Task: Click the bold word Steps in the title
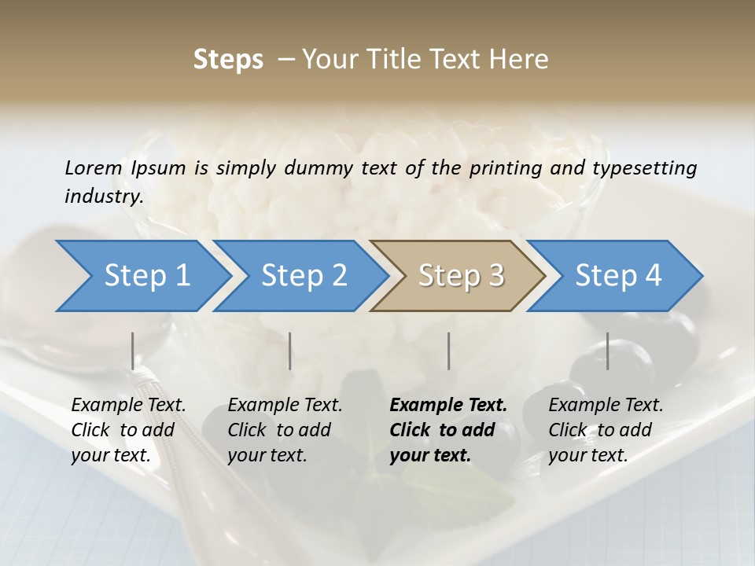click(x=228, y=59)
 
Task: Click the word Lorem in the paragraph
click(x=94, y=167)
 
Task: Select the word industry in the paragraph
click(x=103, y=196)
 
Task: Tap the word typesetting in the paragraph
click(x=644, y=167)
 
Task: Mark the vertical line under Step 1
click(x=133, y=351)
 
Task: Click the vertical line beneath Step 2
click(x=290, y=351)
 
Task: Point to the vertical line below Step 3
click(x=448, y=351)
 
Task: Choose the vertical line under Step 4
click(x=608, y=351)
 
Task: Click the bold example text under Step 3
click(x=448, y=430)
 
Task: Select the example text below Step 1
click(x=128, y=430)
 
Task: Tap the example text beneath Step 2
click(x=285, y=430)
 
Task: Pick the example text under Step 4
click(x=606, y=430)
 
